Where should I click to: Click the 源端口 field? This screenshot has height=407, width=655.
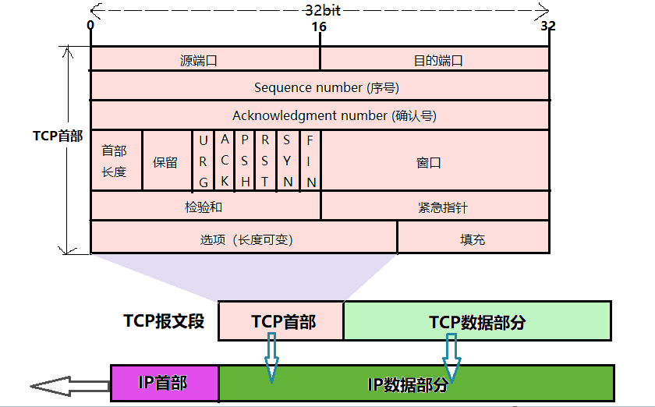coord(204,59)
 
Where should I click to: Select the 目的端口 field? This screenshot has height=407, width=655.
coord(434,59)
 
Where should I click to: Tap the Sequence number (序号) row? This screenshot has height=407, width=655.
coord(320,87)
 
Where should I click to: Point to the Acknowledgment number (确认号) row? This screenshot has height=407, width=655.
coord(320,115)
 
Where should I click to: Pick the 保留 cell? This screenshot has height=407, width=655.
coord(166,161)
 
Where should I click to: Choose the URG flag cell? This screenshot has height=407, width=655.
coord(204,161)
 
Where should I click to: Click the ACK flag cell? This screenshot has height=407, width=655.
coord(225,161)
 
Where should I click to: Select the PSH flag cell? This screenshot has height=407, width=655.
coord(246,161)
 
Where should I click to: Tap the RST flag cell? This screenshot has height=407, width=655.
coord(267,161)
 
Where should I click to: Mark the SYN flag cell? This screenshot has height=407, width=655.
coord(288,161)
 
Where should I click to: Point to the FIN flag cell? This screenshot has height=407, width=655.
coord(310,161)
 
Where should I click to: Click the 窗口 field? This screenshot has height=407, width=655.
coord(434,161)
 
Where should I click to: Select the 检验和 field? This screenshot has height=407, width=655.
coord(205,206)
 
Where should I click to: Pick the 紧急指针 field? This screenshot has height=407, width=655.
coord(434,207)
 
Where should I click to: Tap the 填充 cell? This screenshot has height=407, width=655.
coord(473,239)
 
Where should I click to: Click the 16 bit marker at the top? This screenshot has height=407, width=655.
coord(319,27)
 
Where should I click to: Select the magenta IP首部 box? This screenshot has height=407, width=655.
coord(165,383)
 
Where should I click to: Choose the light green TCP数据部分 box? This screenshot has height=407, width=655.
coord(477,321)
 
